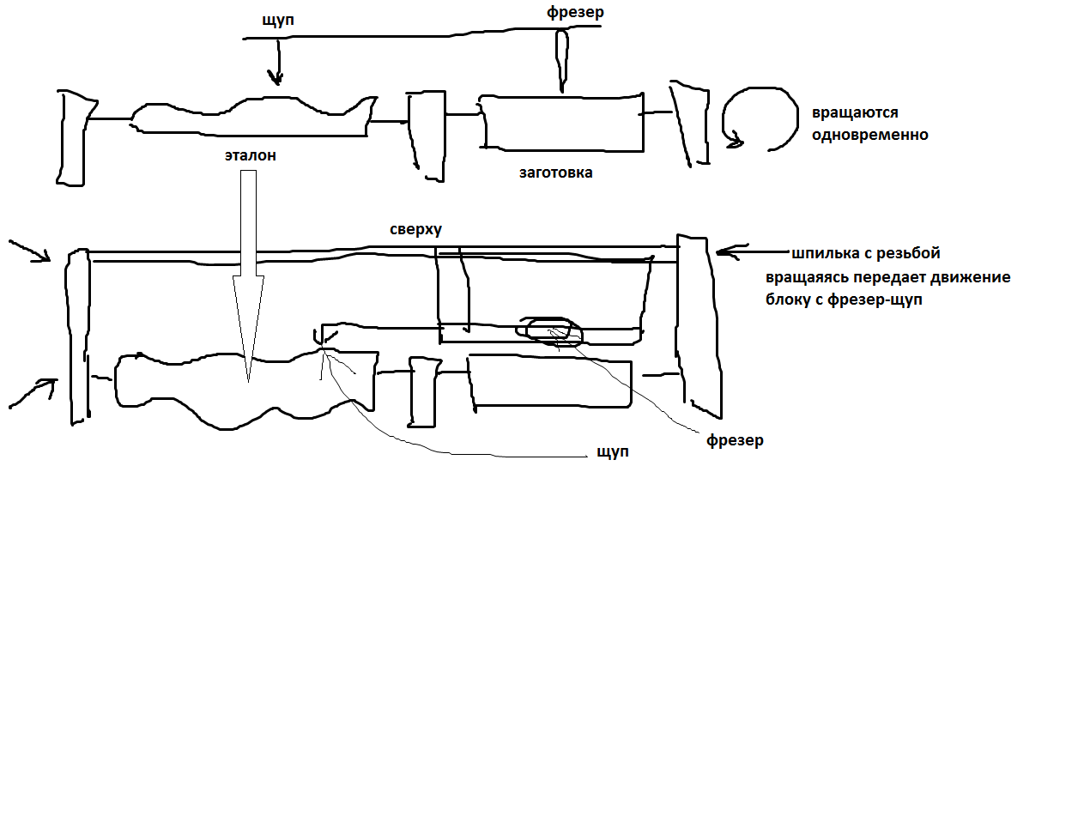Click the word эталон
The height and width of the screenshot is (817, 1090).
[x=251, y=156]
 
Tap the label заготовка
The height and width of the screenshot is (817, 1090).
[x=555, y=172]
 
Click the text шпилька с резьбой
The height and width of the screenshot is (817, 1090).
[x=866, y=253]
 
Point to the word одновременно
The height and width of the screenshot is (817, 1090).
[x=870, y=135]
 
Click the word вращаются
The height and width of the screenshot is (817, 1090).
[x=855, y=113]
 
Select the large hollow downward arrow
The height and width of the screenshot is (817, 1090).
[x=248, y=275]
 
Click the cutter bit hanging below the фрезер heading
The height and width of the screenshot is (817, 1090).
[x=562, y=60]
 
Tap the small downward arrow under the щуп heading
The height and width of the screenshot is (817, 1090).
[x=276, y=64]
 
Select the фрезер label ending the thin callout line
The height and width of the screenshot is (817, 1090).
[x=734, y=441]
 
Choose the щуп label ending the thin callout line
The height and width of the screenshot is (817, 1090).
[x=613, y=451]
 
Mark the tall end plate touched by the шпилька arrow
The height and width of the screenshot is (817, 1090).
[x=697, y=326]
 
